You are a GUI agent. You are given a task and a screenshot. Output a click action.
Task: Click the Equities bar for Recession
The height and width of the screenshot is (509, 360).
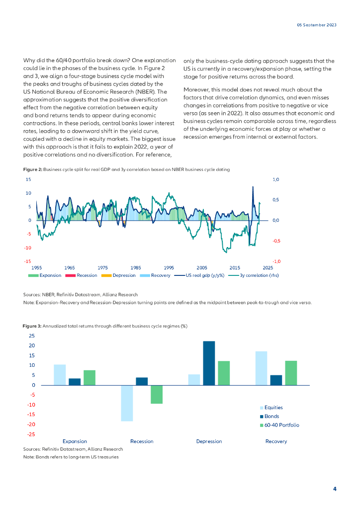click(127, 403)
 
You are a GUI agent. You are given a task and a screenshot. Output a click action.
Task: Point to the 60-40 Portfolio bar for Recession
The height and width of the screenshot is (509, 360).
click(157, 394)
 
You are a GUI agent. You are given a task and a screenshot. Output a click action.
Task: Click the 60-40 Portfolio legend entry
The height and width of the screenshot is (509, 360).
click(281, 425)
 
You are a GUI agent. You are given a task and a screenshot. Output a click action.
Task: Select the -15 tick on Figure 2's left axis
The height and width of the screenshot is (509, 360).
click(28, 261)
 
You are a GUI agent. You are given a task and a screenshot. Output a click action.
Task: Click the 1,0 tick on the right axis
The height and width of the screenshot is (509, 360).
click(276, 179)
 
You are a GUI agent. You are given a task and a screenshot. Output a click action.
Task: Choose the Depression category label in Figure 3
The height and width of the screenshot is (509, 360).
click(209, 441)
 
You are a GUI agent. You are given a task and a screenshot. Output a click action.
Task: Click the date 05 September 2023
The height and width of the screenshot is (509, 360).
click(317, 25)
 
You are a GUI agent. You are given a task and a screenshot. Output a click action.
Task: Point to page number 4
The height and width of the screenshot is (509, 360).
click(335, 489)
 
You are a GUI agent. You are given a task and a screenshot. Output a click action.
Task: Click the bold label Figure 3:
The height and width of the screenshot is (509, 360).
click(32, 326)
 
